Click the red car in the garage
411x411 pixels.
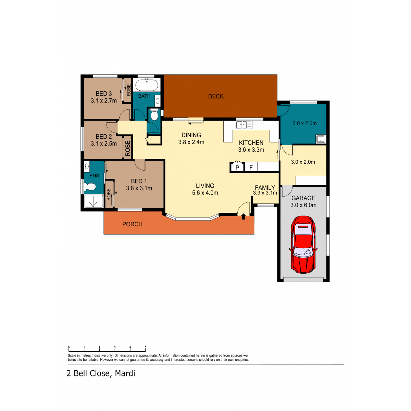click(303, 245)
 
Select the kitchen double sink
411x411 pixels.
click(244, 125)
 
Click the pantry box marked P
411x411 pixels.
click(237, 167)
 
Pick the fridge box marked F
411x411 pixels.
click(251, 167)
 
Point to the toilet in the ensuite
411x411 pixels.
click(90, 187)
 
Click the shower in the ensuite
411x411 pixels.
click(94, 201)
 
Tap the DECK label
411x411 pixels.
click(216, 96)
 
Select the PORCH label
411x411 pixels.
click(132, 224)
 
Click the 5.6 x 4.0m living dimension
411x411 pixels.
click(205, 193)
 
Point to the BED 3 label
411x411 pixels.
click(104, 94)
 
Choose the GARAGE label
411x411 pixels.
click(303, 198)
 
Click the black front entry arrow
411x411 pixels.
click(244, 217)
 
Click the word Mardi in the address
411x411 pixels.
click(125, 373)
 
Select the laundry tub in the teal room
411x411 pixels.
click(321, 139)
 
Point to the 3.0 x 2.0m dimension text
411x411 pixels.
click(303, 162)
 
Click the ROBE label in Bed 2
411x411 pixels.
click(127, 148)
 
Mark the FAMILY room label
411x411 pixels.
click(265, 188)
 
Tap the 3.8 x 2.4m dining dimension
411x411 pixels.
click(191, 142)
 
